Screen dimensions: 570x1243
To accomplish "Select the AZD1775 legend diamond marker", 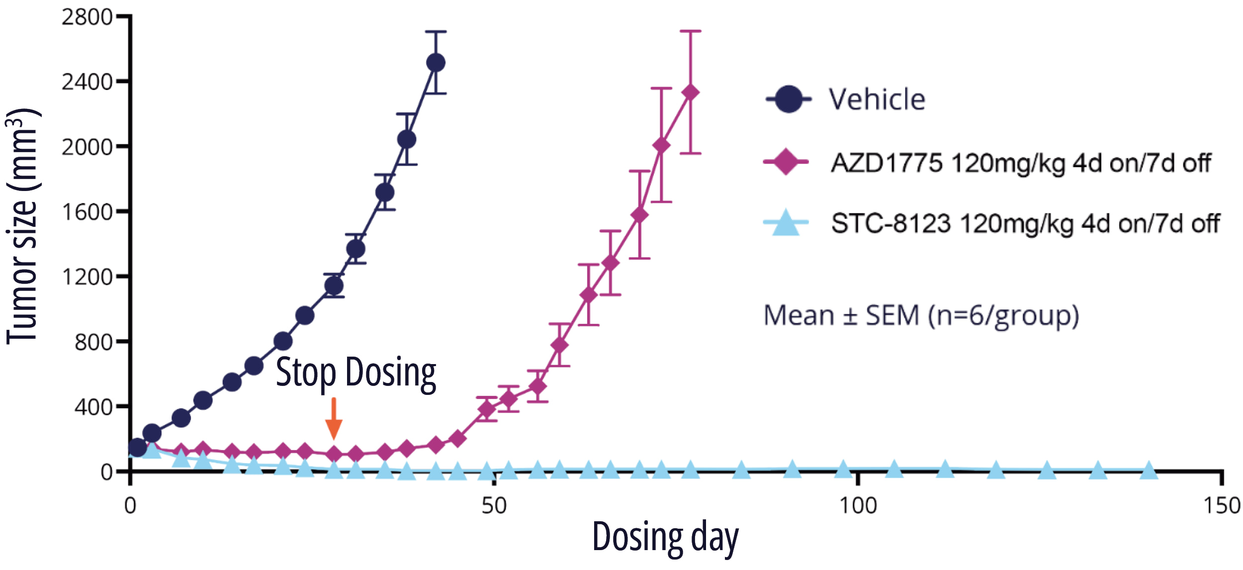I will tap(786, 162).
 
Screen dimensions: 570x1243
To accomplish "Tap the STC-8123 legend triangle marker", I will tap(786, 223).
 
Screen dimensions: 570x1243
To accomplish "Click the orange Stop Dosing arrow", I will tap(334, 419).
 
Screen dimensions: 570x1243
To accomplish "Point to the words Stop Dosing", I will tap(356, 373).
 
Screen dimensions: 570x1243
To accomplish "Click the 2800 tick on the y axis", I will tap(87, 17).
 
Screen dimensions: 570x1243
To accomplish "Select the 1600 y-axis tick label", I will tap(87, 212).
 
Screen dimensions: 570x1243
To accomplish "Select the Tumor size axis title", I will tap(22, 226).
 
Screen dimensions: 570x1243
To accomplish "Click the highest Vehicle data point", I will tap(436, 63).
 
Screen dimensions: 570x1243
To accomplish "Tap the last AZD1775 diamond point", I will tap(691, 93).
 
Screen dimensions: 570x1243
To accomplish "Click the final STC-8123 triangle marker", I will tap(1149, 470).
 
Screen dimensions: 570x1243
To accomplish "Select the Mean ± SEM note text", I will tap(921, 315).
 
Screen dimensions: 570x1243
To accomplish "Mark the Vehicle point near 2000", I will tap(407, 140).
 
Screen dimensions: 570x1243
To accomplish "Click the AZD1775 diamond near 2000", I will tap(661, 145).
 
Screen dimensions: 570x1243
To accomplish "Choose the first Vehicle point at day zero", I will tap(137, 448).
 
